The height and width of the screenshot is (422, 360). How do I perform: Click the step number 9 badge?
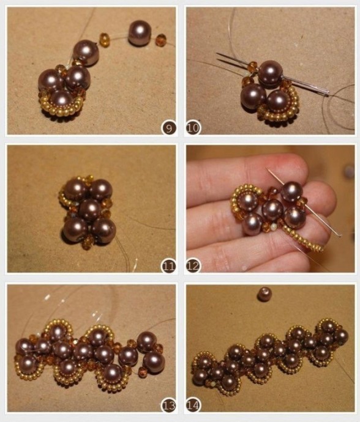tap(169, 128)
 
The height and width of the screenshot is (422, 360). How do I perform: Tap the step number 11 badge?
tap(168, 267)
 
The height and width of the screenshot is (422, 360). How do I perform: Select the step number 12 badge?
tap(193, 267)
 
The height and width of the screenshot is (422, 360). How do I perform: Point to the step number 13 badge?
tap(168, 405)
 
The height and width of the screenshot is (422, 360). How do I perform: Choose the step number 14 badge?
tap(193, 405)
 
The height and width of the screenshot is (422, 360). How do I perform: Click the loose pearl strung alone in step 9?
tap(138, 33)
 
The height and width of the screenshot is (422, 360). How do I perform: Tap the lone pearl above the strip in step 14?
tap(264, 294)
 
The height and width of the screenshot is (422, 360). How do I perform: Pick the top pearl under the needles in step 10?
tap(270, 72)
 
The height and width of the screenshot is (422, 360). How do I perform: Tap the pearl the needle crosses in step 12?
tap(292, 191)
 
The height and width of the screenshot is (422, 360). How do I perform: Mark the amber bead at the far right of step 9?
tap(160, 39)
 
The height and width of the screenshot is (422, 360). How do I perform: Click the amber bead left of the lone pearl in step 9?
tap(105, 40)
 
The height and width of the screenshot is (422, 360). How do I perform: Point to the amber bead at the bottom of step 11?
tap(87, 242)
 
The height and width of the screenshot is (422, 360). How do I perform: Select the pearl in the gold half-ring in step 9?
tap(62, 101)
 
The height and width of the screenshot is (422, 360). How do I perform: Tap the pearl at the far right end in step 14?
tap(340, 336)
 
